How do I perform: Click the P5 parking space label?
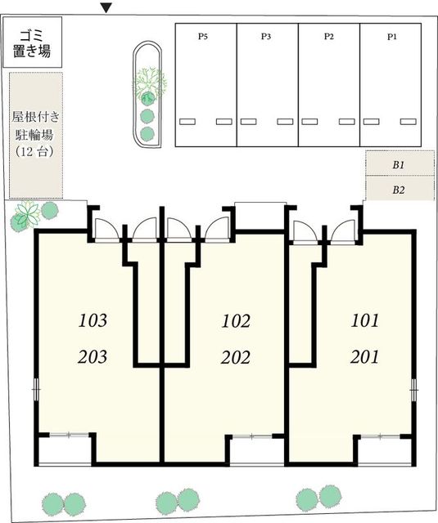tap(204, 37)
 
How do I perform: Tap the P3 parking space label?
tap(266, 37)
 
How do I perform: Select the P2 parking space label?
tap(328, 37)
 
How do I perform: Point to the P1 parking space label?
tap(391, 37)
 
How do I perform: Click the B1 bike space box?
tap(398, 164)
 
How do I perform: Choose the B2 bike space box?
tap(398, 190)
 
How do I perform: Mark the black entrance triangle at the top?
tap(106, 8)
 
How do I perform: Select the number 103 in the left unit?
tap(93, 320)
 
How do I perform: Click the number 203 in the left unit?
tap(93, 356)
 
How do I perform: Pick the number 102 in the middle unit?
tap(236, 320)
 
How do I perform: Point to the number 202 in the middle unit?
tap(236, 356)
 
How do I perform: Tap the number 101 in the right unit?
tap(364, 320)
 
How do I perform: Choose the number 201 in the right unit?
tap(364, 356)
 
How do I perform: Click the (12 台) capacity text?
tap(35, 152)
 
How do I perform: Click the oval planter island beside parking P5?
tap(148, 94)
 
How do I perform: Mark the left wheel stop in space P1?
tap(370, 122)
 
